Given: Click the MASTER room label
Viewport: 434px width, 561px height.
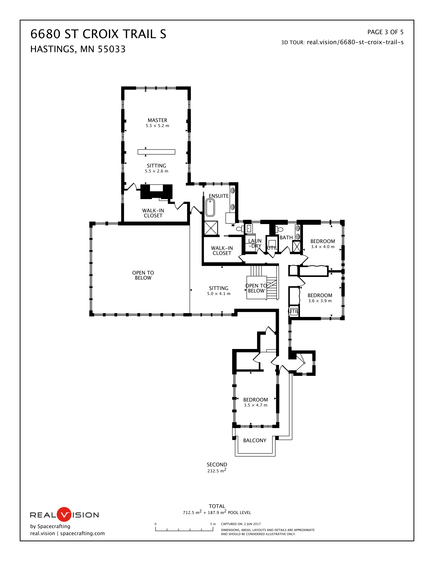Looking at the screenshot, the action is click(157, 120).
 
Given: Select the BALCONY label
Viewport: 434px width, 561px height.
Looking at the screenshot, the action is click(255, 440).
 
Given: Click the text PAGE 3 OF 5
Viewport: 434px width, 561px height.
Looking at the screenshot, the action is click(385, 32).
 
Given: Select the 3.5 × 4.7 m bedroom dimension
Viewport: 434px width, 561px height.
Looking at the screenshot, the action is click(256, 405).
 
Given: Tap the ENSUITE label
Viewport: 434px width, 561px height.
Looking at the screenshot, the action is click(219, 196).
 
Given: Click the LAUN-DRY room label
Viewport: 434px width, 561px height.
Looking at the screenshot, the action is click(255, 243).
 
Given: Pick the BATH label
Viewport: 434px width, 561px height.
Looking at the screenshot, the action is click(286, 238).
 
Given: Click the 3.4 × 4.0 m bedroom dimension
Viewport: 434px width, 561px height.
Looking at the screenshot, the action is click(323, 247).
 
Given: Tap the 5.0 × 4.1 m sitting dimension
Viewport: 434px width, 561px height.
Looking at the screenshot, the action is click(219, 294).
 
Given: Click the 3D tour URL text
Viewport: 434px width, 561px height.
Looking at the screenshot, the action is click(342, 42).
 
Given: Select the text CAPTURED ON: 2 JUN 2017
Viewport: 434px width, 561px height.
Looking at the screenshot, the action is click(241, 524).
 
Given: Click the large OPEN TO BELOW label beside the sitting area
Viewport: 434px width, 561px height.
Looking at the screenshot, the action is click(143, 275).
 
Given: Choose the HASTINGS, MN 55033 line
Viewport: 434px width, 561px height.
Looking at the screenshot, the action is click(78, 49).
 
